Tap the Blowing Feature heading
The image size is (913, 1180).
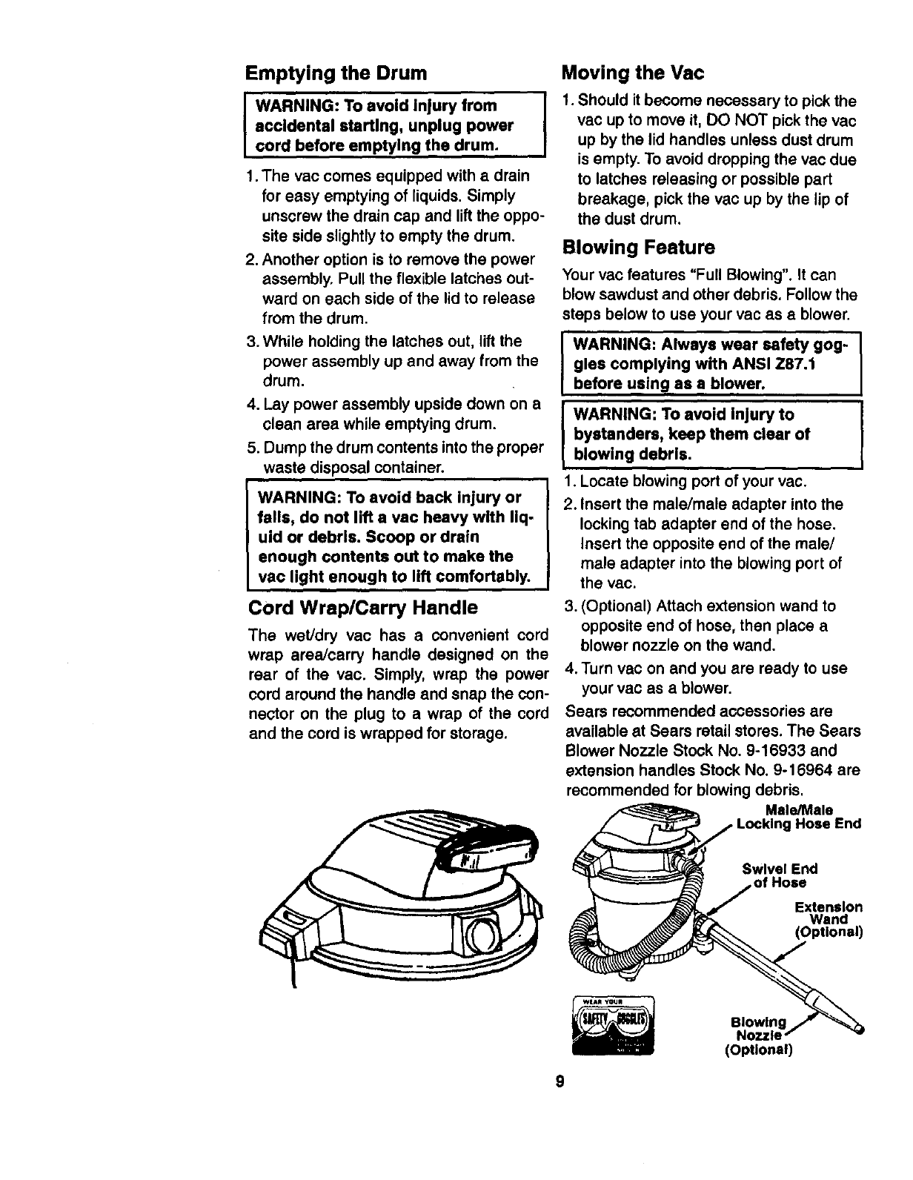click(639, 247)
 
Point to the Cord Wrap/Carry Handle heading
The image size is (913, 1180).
click(362, 609)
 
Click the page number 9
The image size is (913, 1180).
click(560, 1081)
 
